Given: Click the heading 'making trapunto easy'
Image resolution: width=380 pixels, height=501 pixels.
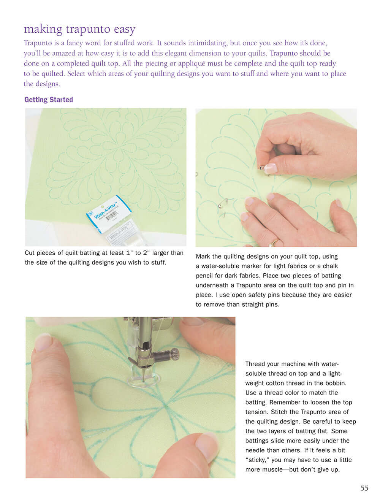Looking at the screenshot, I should (x=79, y=29).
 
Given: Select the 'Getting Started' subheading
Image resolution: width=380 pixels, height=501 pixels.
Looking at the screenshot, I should (x=49, y=100).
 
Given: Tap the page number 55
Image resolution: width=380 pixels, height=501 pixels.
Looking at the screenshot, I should (x=364, y=488).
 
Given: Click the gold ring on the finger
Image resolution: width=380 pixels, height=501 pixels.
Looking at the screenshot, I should (x=274, y=242).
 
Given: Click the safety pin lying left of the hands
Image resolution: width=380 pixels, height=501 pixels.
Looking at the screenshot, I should (x=221, y=206).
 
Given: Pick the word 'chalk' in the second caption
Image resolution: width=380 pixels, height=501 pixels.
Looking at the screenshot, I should (x=330, y=266).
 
